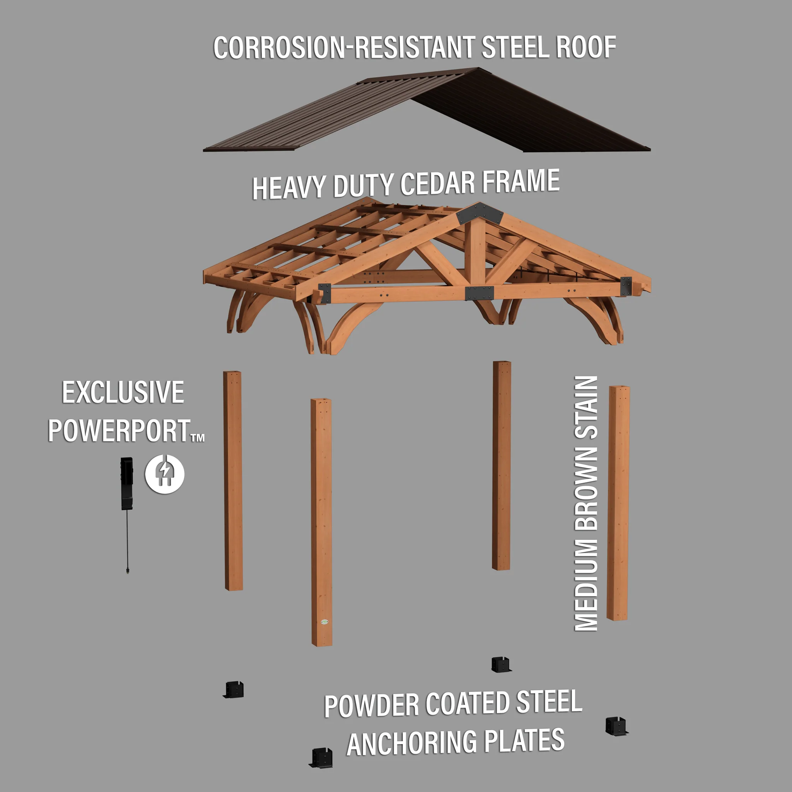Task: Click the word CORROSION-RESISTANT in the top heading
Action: pos(344,48)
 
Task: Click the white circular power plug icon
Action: pos(165,474)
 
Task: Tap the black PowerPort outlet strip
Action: pos(127,483)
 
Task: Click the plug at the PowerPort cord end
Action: pos(128,570)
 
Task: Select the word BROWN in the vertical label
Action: pos(586,490)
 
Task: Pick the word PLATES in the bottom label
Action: pos(524,740)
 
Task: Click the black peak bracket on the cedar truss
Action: pos(480,213)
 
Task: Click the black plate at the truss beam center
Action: pos(479,293)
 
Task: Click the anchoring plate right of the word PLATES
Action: pos(616,726)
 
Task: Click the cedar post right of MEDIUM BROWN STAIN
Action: pos(619,503)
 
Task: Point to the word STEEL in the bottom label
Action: pos(549,702)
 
